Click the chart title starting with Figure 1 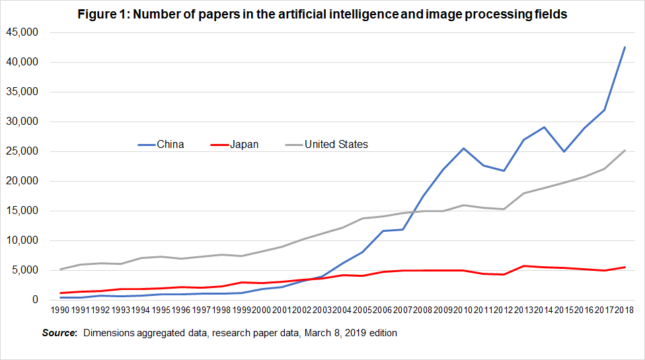click(322, 15)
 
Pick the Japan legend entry click(245, 144)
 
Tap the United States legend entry click(336, 144)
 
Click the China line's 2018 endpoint click(625, 47)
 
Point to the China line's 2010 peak click(464, 148)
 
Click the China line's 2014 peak click(544, 127)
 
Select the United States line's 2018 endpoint click(625, 150)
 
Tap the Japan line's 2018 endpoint click(625, 267)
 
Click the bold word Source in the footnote click(59, 333)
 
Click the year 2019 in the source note click(353, 333)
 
